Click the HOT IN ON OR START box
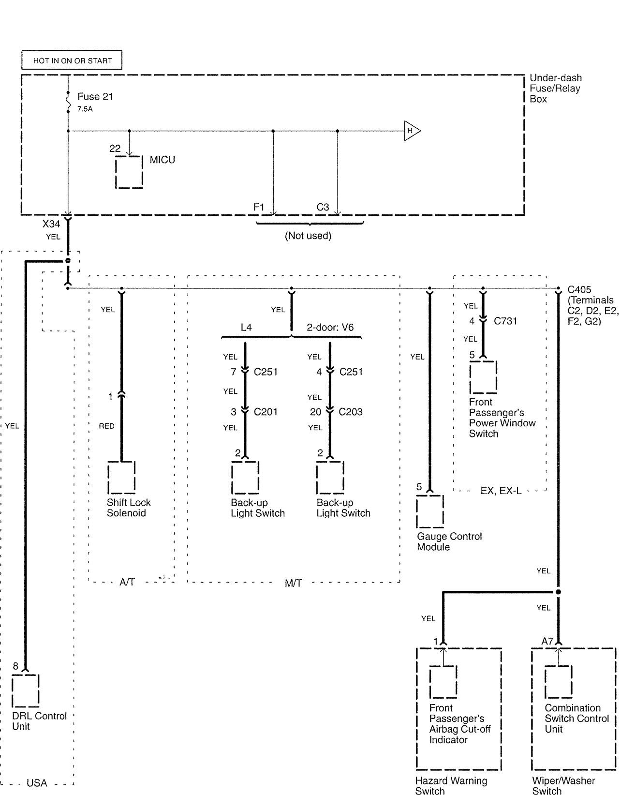(72, 60)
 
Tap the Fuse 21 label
(95, 96)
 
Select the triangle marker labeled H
(412, 131)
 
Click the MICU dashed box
(129, 172)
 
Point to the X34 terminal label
(51, 224)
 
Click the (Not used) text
(308, 236)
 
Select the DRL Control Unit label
(39, 721)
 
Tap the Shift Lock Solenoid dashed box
(121, 477)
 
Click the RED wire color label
(107, 426)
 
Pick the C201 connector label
(266, 412)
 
